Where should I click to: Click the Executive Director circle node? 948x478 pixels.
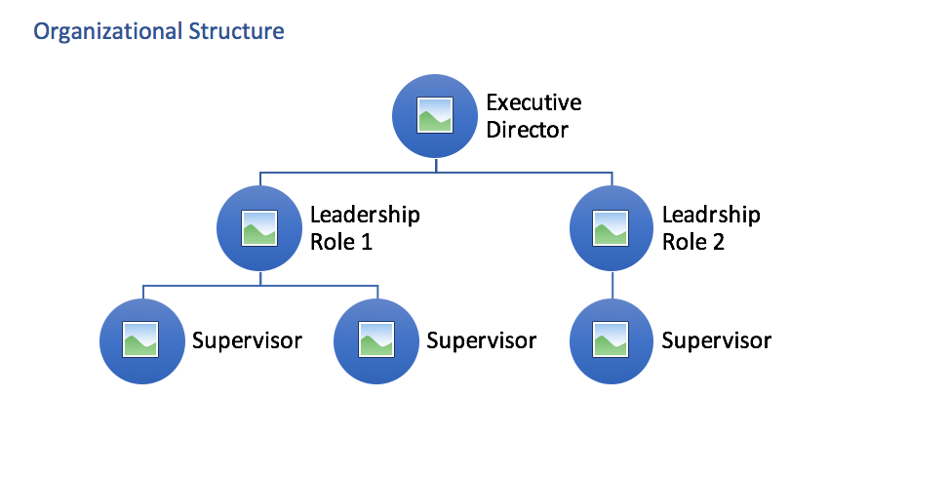434,116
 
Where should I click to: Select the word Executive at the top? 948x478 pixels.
533,102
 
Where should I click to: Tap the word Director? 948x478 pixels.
527,129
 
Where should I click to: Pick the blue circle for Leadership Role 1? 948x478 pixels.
258,228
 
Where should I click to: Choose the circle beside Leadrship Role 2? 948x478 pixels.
612,228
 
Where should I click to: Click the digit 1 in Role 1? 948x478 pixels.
366,242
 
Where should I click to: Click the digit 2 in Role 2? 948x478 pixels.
718,242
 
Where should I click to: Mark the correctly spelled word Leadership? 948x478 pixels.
365,215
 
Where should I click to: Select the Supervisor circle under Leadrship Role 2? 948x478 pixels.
612,341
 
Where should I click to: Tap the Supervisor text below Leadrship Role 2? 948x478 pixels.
717,341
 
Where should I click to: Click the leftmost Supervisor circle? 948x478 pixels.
142,341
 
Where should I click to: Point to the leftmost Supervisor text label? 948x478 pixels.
247,341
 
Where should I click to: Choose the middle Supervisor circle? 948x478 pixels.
376,341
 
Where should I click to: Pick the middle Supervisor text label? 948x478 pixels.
482,341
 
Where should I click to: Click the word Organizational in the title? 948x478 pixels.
106,31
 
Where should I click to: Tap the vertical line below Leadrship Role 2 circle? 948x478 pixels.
612,285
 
